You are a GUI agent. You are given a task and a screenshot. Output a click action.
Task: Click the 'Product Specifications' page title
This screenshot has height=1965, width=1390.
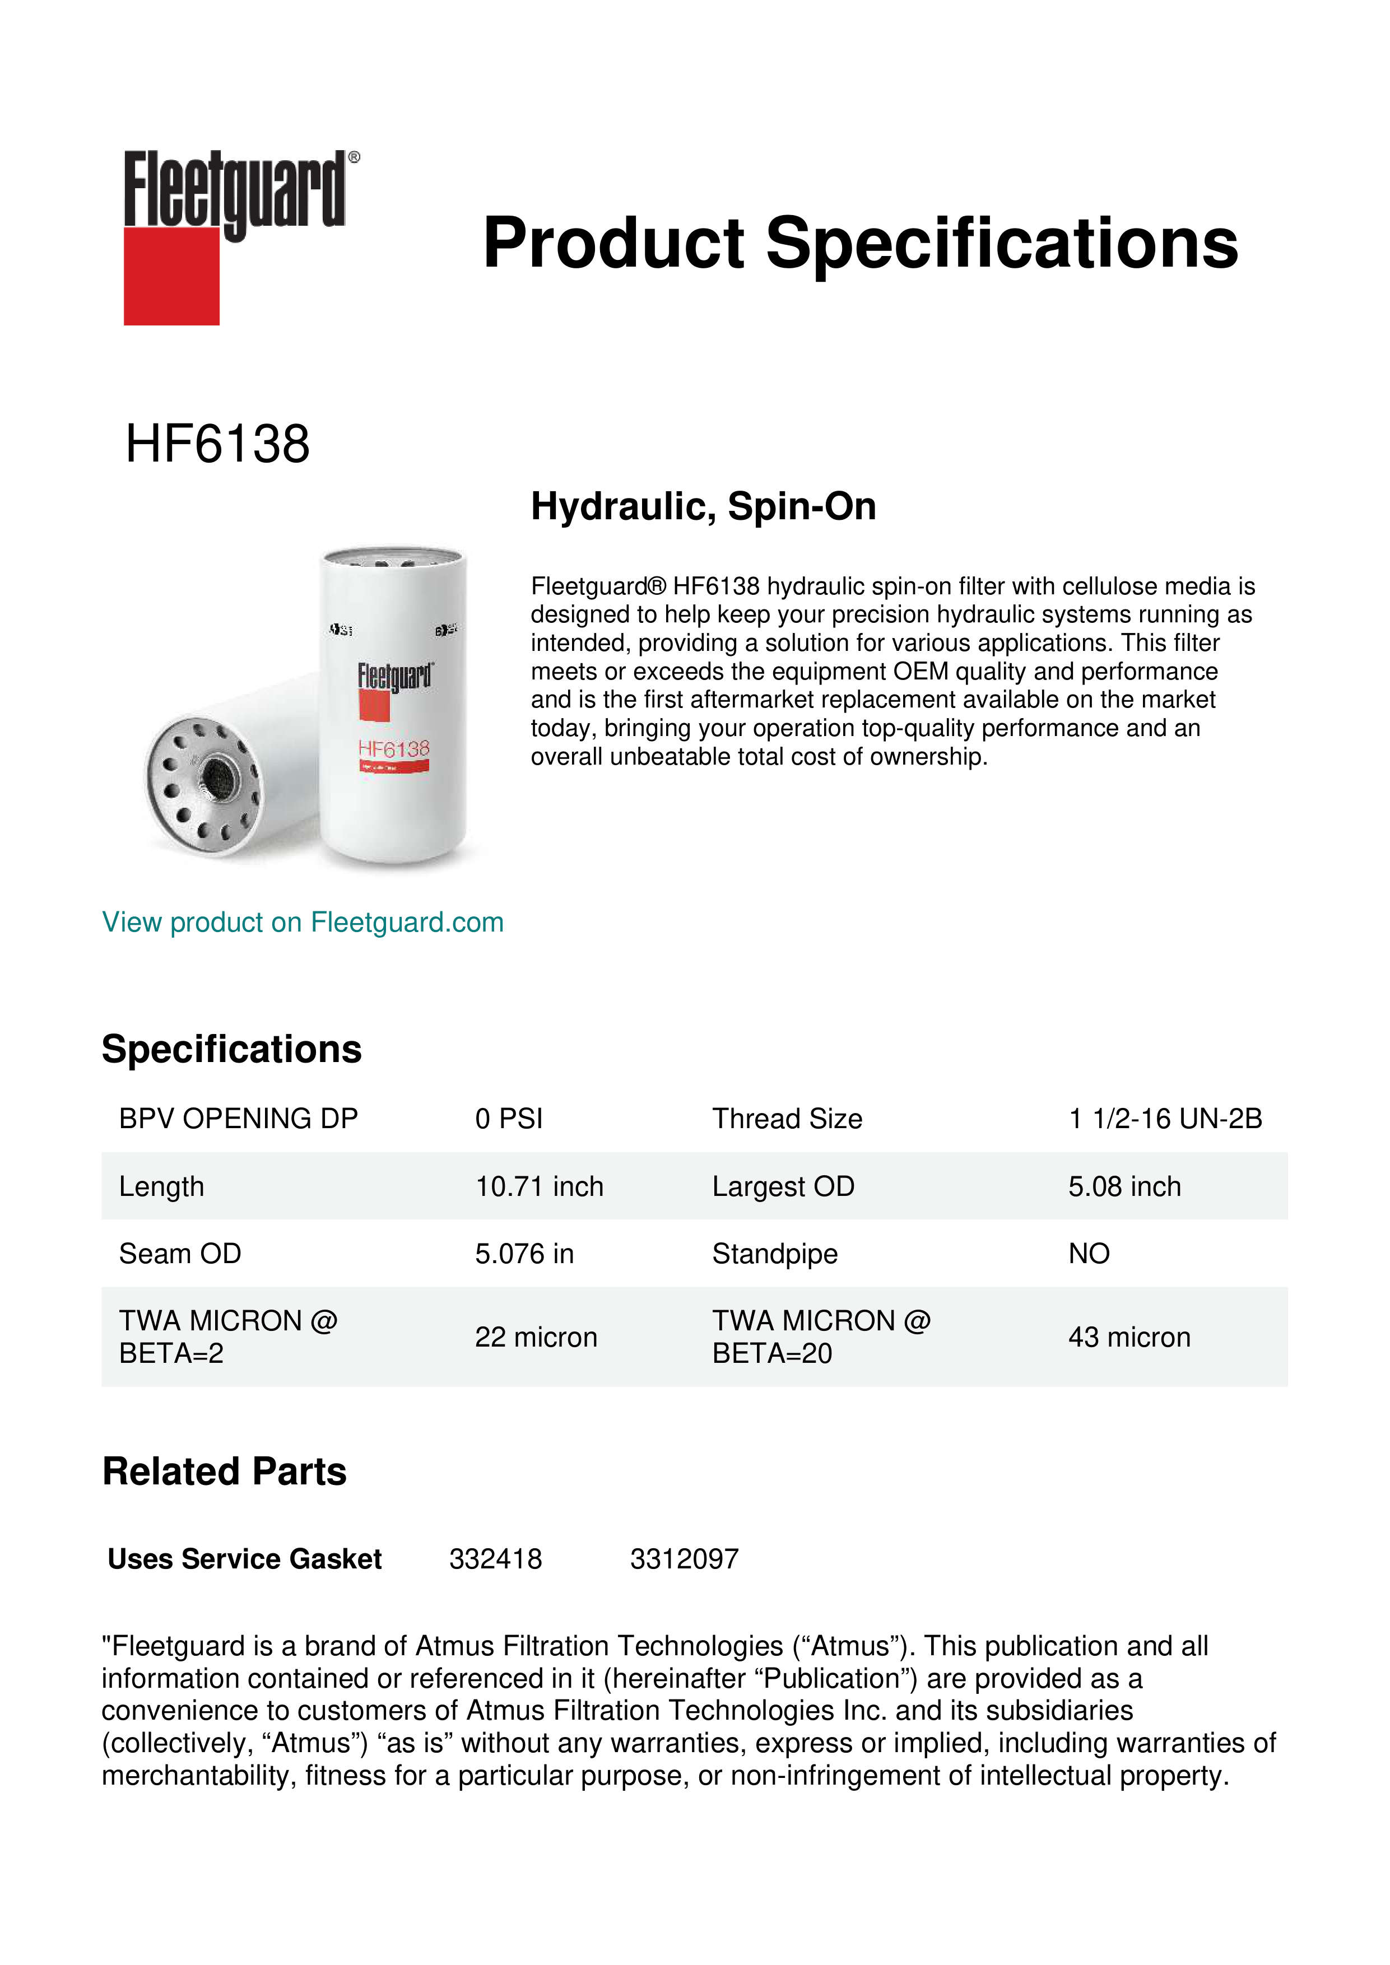point(860,243)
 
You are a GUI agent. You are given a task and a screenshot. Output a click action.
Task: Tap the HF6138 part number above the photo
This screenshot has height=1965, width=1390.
point(217,444)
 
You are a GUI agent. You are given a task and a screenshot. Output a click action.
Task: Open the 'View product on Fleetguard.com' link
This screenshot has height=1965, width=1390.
point(303,922)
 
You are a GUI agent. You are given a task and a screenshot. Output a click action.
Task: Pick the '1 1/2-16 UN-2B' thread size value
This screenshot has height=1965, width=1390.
point(1165,1119)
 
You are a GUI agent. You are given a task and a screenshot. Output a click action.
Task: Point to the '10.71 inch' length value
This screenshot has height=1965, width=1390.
point(539,1186)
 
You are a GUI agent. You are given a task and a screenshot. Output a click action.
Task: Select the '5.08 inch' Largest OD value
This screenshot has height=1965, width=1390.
point(1124,1186)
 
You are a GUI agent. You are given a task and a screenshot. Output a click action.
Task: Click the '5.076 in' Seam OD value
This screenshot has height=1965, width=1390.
point(524,1254)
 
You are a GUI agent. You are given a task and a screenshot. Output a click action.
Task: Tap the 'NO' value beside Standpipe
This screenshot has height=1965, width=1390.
point(1089,1254)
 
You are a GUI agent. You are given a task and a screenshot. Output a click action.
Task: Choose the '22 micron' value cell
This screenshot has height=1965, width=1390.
point(536,1337)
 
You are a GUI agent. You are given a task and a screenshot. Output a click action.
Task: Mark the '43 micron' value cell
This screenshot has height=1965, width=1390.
point(1129,1337)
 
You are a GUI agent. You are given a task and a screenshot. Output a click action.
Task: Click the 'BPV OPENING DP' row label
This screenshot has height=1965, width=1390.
point(238,1119)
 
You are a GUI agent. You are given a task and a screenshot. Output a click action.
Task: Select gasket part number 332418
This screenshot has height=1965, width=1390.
point(496,1558)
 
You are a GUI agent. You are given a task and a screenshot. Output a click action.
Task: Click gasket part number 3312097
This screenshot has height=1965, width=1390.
point(684,1558)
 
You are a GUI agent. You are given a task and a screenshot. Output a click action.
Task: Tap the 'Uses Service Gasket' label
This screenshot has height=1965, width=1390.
point(245,1558)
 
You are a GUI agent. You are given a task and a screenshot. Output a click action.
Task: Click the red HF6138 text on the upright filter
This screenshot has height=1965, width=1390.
point(394,749)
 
